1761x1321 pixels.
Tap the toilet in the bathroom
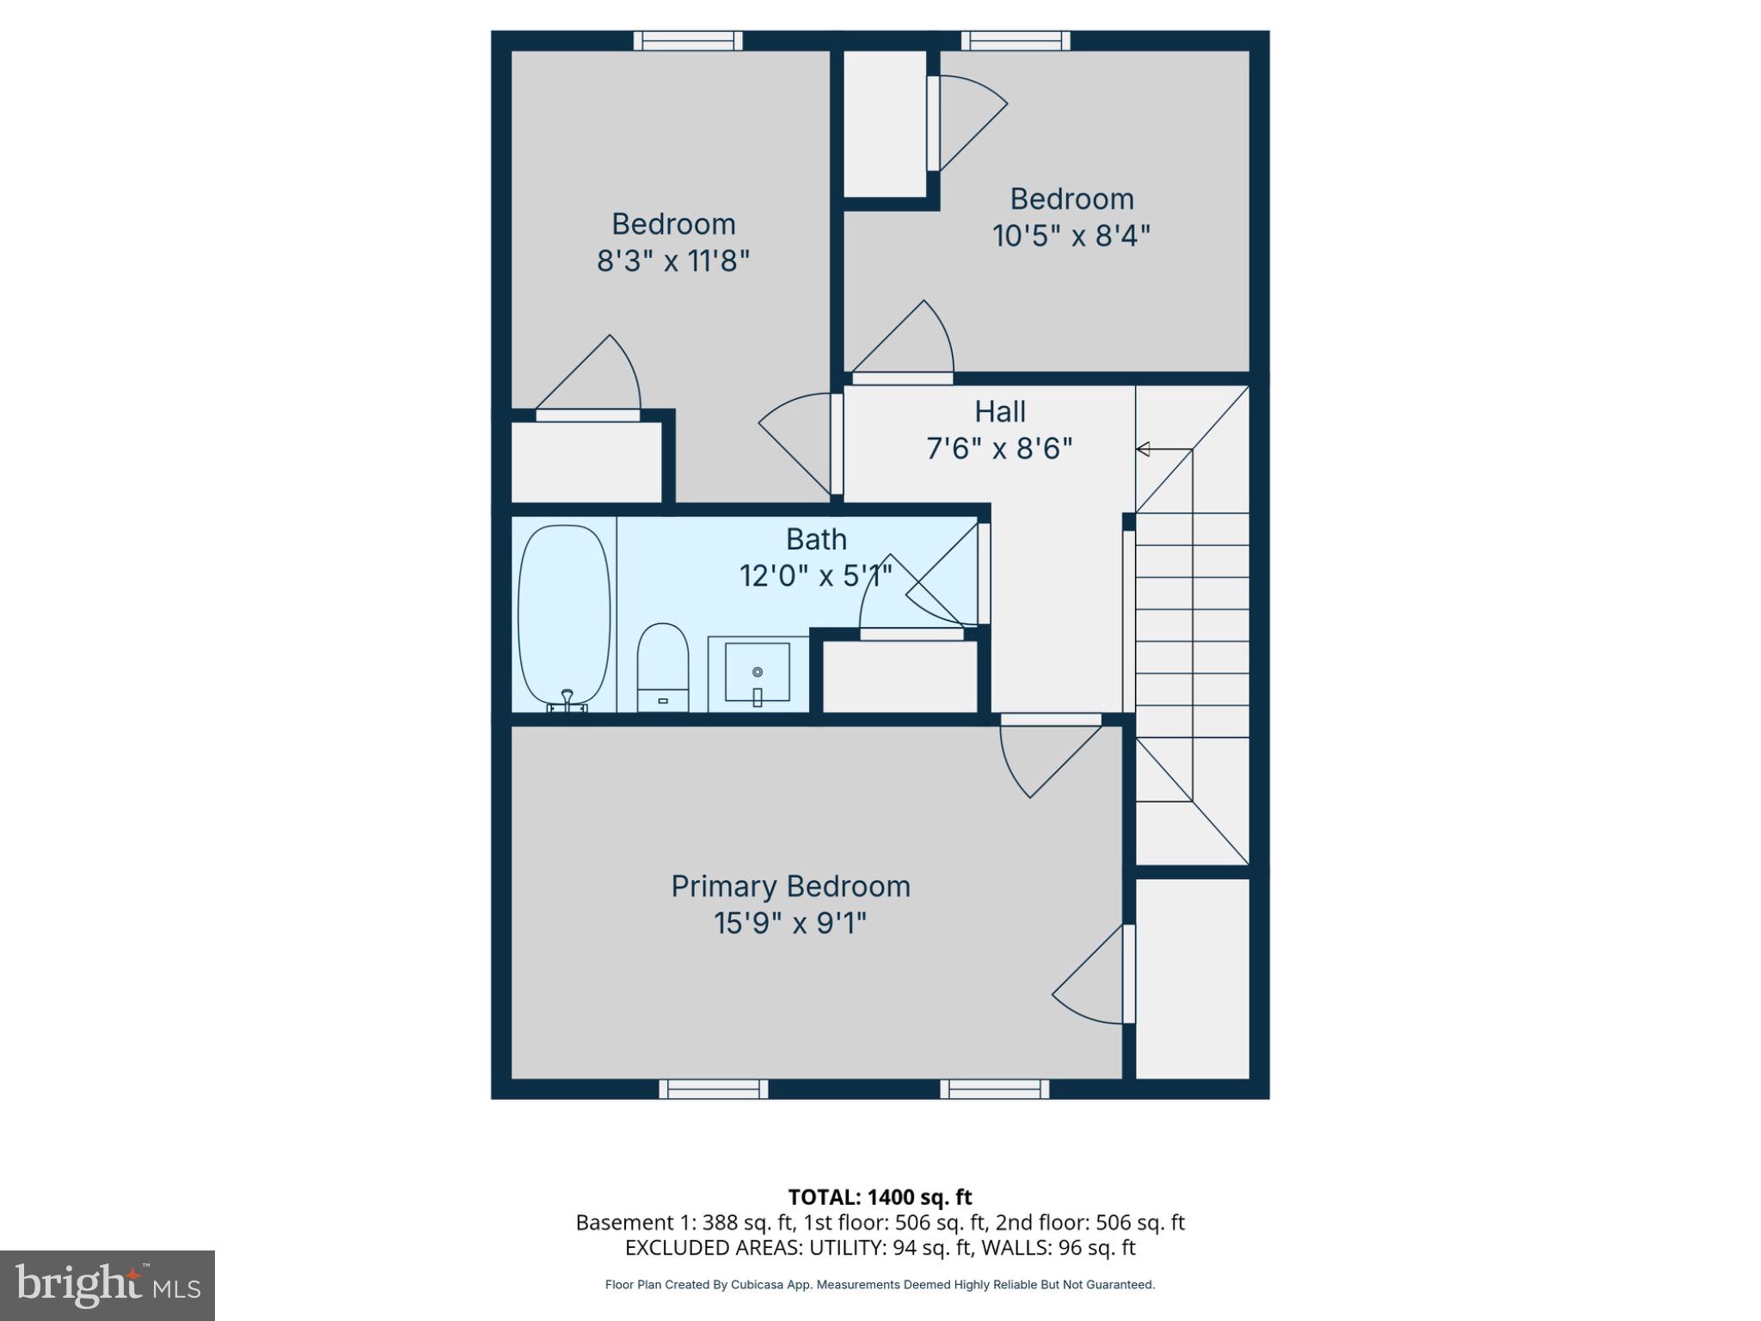[x=662, y=667]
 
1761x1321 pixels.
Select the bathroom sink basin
[x=757, y=673]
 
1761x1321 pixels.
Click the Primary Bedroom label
[x=790, y=886]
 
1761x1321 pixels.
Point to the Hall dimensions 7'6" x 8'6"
[x=999, y=448]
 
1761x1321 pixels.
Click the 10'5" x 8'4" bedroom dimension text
[x=1071, y=235]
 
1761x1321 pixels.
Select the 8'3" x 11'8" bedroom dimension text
[x=673, y=260]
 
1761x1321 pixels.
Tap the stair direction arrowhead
[x=1143, y=449]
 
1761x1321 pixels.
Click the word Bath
[x=816, y=539]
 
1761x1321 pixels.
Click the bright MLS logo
[x=107, y=1285]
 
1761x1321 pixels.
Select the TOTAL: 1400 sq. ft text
[x=880, y=1196]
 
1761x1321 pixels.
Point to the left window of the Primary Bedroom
[x=714, y=1089]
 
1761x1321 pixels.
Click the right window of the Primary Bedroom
[x=994, y=1089]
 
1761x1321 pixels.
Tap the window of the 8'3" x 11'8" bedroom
[x=688, y=40]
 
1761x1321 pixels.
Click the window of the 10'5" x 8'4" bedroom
[x=1015, y=40]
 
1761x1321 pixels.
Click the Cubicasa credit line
[x=880, y=1284]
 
